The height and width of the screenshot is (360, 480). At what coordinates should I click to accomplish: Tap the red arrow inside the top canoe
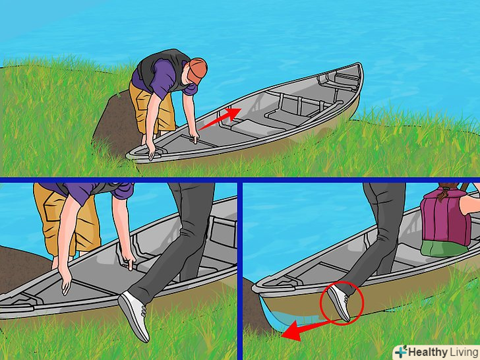[220, 119]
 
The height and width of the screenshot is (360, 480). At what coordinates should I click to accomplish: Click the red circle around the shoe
[342, 303]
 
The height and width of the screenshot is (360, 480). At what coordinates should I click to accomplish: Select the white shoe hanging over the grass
[134, 315]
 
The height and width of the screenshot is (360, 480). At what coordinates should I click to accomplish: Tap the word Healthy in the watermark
[427, 352]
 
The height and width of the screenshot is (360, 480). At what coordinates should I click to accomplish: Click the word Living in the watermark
[463, 352]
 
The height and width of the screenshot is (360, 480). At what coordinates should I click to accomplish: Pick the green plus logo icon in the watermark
[401, 352]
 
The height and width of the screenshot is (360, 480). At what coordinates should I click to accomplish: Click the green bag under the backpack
[444, 248]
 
